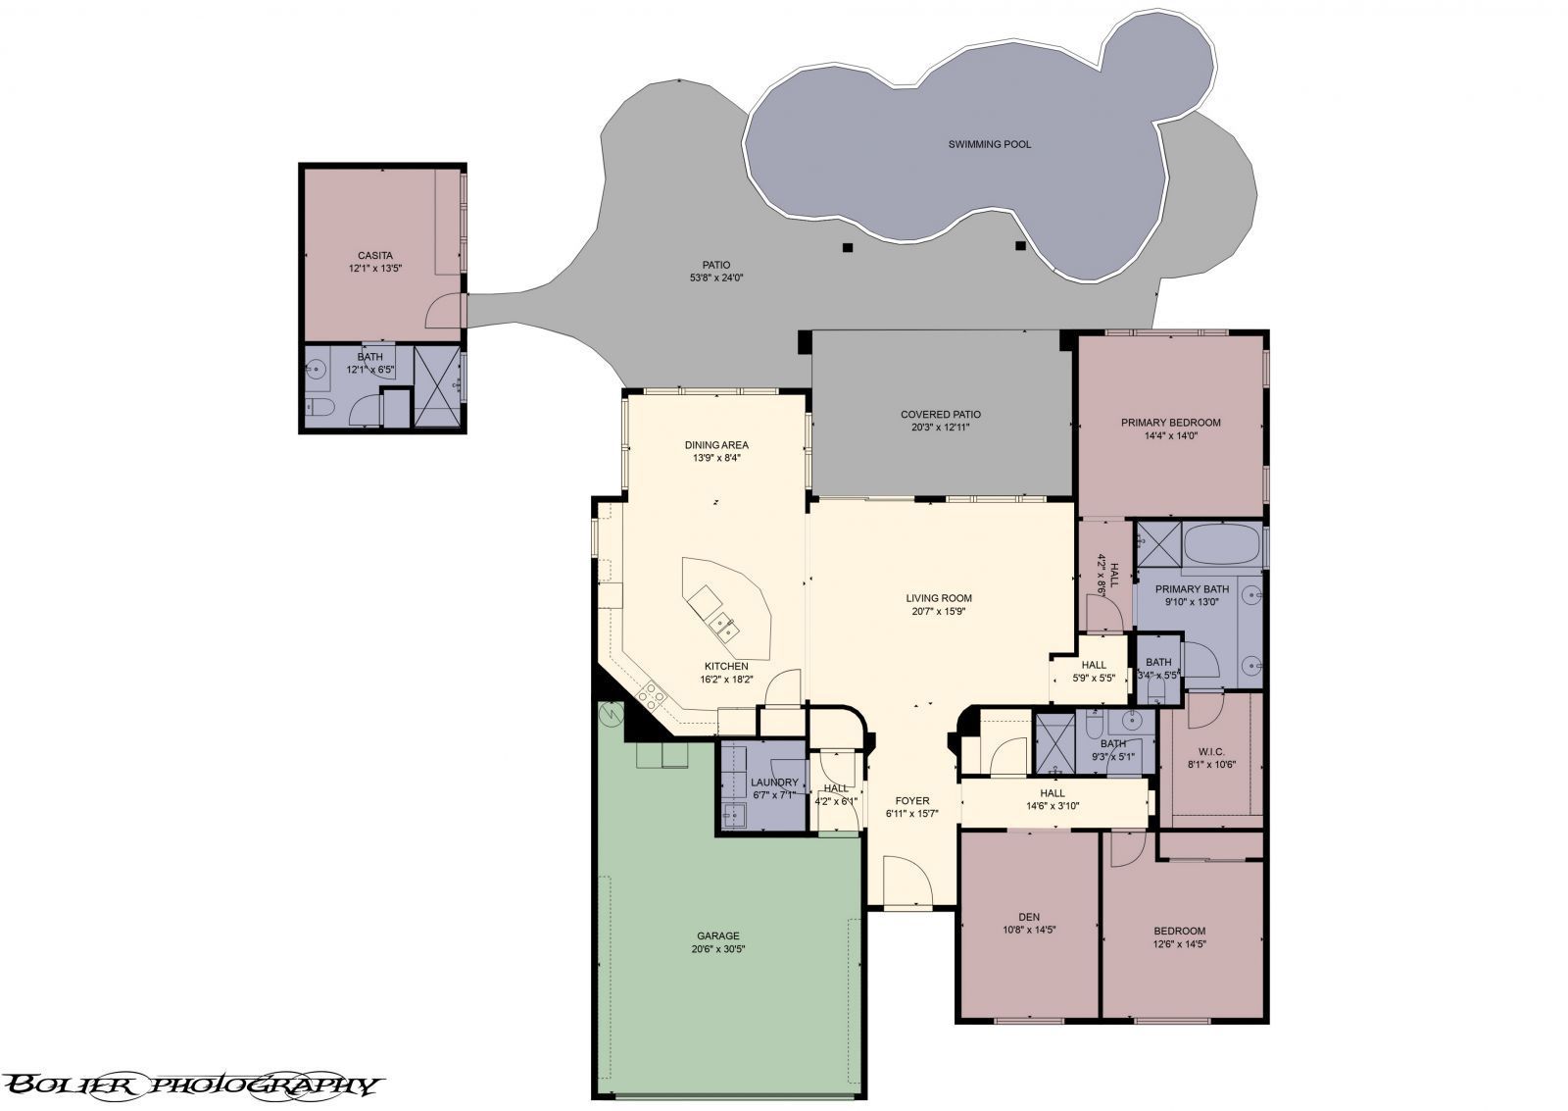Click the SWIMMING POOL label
990,144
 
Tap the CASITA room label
375,256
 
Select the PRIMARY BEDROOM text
1171,423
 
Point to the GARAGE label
718,935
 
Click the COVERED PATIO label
941,415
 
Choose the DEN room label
1028,917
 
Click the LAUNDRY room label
775,783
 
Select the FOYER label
912,801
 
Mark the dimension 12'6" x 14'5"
1179,944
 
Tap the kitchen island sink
724,625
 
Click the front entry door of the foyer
907,881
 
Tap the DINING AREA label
716,445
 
